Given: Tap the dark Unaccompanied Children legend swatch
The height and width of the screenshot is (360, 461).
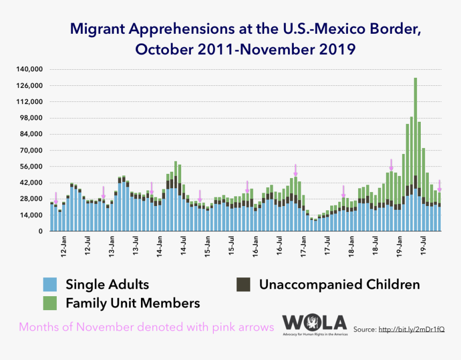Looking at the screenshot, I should click(244, 284).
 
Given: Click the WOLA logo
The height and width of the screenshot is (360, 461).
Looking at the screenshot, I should click(315, 323).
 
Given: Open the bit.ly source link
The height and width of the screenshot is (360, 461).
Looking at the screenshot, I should click(411, 329).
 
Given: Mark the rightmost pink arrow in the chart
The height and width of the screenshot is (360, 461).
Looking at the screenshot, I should click(440, 186).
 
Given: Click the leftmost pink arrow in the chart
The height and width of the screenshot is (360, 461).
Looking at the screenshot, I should click(56, 197).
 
